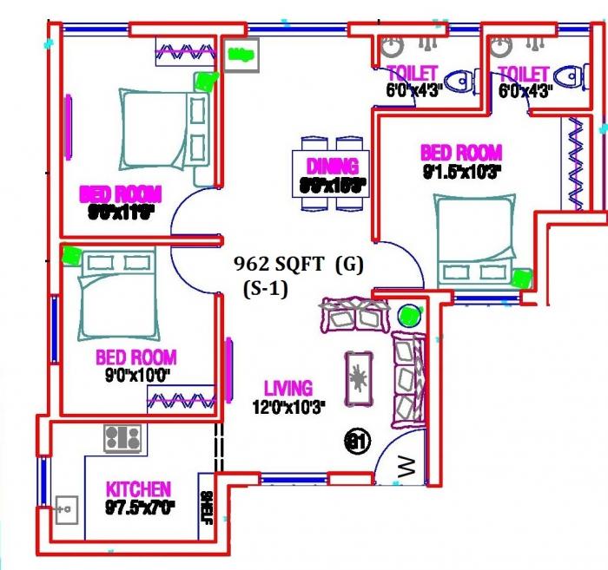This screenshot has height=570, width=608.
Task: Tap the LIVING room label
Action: (x=288, y=390)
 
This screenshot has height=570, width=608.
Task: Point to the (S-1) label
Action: (x=266, y=291)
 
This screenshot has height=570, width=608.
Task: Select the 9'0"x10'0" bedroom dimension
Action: (x=135, y=376)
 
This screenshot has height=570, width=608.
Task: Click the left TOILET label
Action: (x=413, y=74)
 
